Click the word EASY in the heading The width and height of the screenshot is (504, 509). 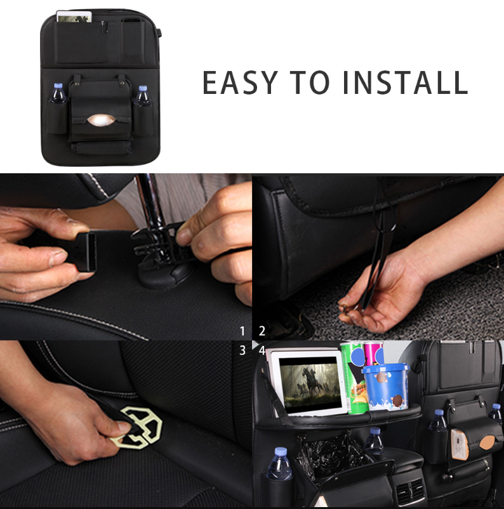coord(240,83)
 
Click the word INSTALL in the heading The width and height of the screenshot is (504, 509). coord(405,83)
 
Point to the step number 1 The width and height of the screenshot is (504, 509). coord(242,331)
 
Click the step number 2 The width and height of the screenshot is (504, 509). coord(262,331)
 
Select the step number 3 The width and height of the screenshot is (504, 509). coord(242,350)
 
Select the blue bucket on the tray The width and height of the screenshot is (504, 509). coord(386,387)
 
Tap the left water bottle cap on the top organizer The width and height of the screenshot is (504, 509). coord(58,86)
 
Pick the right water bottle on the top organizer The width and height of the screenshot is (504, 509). coord(143,96)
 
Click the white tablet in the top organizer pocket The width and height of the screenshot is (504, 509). coord(74,17)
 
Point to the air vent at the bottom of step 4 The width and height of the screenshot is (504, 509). coord(411,492)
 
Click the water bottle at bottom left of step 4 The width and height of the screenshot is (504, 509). coord(279,464)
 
